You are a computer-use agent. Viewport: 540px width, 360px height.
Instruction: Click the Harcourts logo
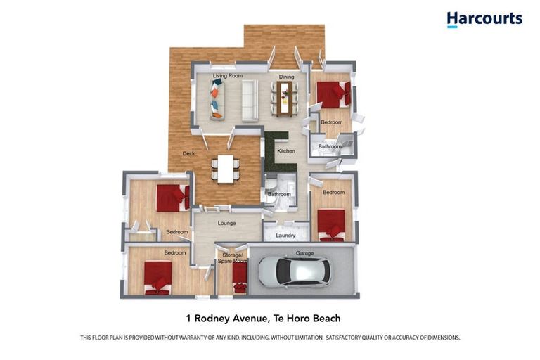pyautogui.click(x=484, y=19)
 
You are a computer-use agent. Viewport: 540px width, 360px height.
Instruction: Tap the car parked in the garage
pyautogui.click(x=295, y=271)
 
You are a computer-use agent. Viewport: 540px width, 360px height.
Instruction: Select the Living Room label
pyautogui.click(x=228, y=76)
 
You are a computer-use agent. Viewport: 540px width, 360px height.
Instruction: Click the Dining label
pyautogui.click(x=287, y=77)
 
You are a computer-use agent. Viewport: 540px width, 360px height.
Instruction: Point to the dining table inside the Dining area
pyautogui.click(x=285, y=99)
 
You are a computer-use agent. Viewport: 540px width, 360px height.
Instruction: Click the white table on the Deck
pyautogui.click(x=226, y=169)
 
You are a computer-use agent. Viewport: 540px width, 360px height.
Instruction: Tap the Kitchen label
pyautogui.click(x=286, y=151)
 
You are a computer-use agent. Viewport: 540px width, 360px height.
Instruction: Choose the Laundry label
pyautogui.click(x=285, y=236)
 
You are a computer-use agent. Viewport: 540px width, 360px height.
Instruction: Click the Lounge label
pyautogui.click(x=226, y=223)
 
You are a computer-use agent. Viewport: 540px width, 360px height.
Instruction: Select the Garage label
pyautogui.click(x=304, y=253)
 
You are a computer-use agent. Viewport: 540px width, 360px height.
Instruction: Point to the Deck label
pyautogui.click(x=188, y=154)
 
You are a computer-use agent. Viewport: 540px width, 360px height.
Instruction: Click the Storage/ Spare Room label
pyautogui.click(x=233, y=258)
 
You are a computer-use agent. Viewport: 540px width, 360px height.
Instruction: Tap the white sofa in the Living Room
pyautogui.click(x=250, y=101)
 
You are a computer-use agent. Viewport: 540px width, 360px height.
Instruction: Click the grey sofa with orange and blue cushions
pyautogui.click(x=217, y=100)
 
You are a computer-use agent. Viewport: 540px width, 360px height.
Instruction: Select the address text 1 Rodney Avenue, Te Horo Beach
pyautogui.click(x=264, y=319)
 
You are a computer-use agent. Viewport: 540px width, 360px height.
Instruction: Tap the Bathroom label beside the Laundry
pyautogui.click(x=279, y=194)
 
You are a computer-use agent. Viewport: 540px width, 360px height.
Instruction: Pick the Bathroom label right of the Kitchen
pyautogui.click(x=330, y=146)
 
